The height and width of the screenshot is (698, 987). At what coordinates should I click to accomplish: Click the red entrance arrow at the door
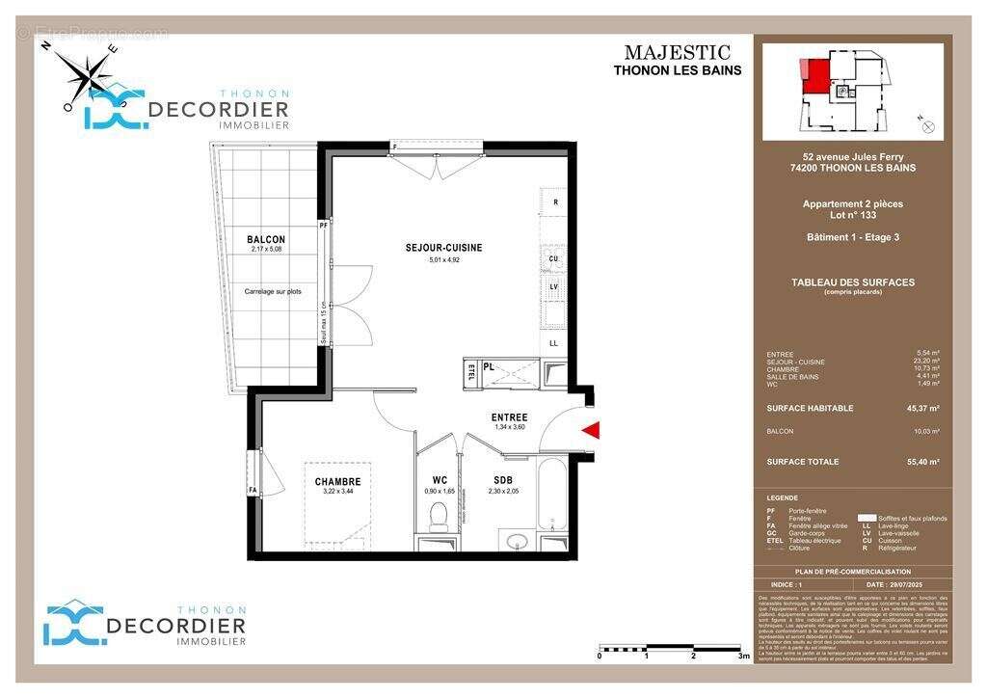pyautogui.click(x=592, y=430)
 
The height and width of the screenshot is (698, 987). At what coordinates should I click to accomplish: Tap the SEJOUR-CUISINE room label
pyautogui.click(x=443, y=248)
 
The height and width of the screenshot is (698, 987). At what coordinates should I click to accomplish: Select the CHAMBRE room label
pyautogui.click(x=337, y=482)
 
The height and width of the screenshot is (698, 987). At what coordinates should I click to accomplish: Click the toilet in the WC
pyautogui.click(x=439, y=516)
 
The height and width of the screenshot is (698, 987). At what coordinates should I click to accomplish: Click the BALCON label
pyautogui.click(x=266, y=240)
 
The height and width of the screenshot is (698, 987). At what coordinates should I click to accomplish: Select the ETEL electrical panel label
pyautogui.click(x=471, y=372)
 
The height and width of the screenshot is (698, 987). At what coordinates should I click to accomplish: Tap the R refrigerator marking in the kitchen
pyautogui.click(x=555, y=203)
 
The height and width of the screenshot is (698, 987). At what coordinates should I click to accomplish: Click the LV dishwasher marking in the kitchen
pyautogui.click(x=554, y=286)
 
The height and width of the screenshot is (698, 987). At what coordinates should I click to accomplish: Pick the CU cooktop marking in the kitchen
pyautogui.click(x=554, y=259)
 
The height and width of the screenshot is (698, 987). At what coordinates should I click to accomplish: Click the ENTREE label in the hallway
pyautogui.click(x=509, y=417)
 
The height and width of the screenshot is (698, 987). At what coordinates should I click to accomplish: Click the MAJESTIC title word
pyautogui.click(x=677, y=53)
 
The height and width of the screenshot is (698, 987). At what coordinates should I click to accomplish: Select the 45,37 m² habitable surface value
pyautogui.click(x=920, y=408)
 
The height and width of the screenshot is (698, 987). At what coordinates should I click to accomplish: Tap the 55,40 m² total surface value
pyautogui.click(x=920, y=462)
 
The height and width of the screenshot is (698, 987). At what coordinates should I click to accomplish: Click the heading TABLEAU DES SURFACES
pyautogui.click(x=852, y=282)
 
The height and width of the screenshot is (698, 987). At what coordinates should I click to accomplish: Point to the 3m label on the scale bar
pyautogui.click(x=743, y=656)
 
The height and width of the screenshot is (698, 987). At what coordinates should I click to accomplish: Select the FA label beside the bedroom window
pyautogui.click(x=253, y=490)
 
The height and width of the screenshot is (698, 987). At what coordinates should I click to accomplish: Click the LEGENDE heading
pyautogui.click(x=782, y=498)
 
